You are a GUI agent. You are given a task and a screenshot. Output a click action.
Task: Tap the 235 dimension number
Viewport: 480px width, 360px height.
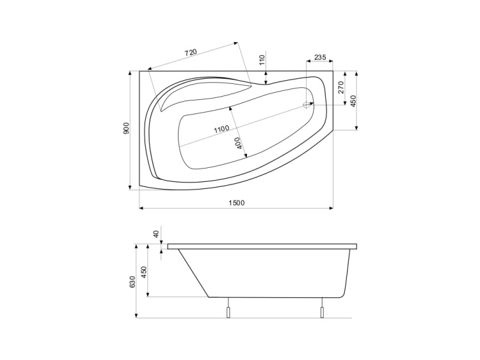pyautogui.click(x=320, y=58)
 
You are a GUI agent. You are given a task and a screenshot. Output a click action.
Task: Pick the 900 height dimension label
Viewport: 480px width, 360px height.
pyautogui.click(x=127, y=128)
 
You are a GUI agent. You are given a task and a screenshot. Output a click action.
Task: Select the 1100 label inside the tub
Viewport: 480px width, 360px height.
pyautogui.click(x=221, y=128)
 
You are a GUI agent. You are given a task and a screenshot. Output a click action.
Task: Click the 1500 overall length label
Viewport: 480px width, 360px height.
pyautogui.click(x=236, y=203)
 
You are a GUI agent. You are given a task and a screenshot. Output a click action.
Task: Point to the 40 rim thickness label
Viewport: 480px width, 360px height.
pyautogui.click(x=156, y=234)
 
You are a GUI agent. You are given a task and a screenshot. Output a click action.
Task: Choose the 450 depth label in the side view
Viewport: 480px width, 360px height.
pyautogui.click(x=144, y=272)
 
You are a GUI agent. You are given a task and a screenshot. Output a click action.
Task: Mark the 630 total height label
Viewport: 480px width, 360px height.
pyautogui.click(x=132, y=281)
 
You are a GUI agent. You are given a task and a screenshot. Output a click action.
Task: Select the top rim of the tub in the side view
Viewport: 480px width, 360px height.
pyautogui.click(x=262, y=246)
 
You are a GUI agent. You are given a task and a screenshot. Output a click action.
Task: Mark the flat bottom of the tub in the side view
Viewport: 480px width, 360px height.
pyautogui.click(x=275, y=297)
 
